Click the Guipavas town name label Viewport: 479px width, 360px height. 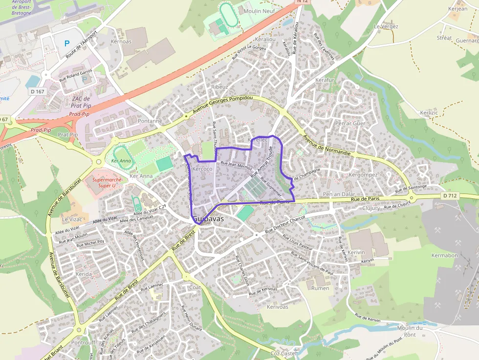[208, 219]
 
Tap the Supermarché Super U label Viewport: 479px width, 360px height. [107, 182]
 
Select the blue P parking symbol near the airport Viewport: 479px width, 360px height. [67, 43]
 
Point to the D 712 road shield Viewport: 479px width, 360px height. [450, 195]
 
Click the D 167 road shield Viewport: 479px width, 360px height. [37, 91]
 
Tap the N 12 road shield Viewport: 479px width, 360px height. [303, 2]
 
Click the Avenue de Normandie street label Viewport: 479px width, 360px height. [327, 145]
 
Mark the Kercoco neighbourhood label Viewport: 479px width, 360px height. [202, 169]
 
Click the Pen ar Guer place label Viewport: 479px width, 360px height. [350, 124]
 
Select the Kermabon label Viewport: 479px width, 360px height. [445, 255]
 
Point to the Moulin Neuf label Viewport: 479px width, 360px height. [259, 11]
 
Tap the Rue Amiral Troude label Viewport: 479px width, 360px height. [261, 165]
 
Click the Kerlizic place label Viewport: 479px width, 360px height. [429, 113]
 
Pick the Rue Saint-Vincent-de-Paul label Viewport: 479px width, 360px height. [312, 263]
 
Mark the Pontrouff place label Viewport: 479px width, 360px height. [83, 342]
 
